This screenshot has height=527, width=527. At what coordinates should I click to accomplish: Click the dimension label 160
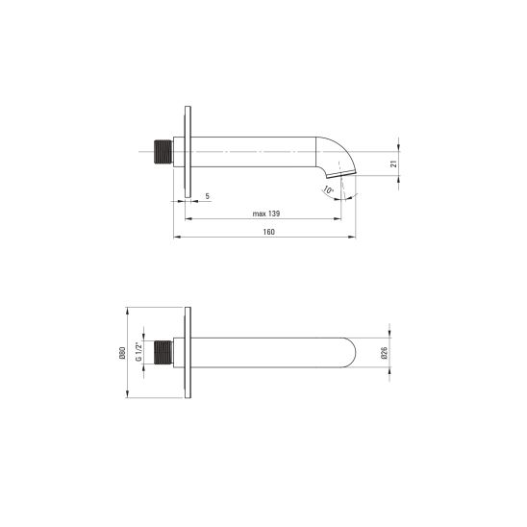[269, 232]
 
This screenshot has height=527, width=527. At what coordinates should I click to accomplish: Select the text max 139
[266, 213]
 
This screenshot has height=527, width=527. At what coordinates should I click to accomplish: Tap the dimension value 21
[394, 163]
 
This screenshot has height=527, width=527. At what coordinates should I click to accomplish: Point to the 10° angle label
[328, 189]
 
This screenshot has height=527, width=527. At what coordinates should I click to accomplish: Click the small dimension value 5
[208, 196]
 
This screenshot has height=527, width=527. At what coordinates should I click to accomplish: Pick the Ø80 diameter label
[122, 353]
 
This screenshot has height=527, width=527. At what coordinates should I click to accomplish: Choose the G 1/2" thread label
[138, 352]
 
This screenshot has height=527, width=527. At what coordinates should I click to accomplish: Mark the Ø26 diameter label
[385, 353]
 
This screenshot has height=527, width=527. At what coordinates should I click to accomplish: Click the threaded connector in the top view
[163, 152]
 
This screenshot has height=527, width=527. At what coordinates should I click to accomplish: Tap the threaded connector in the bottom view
[163, 352]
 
